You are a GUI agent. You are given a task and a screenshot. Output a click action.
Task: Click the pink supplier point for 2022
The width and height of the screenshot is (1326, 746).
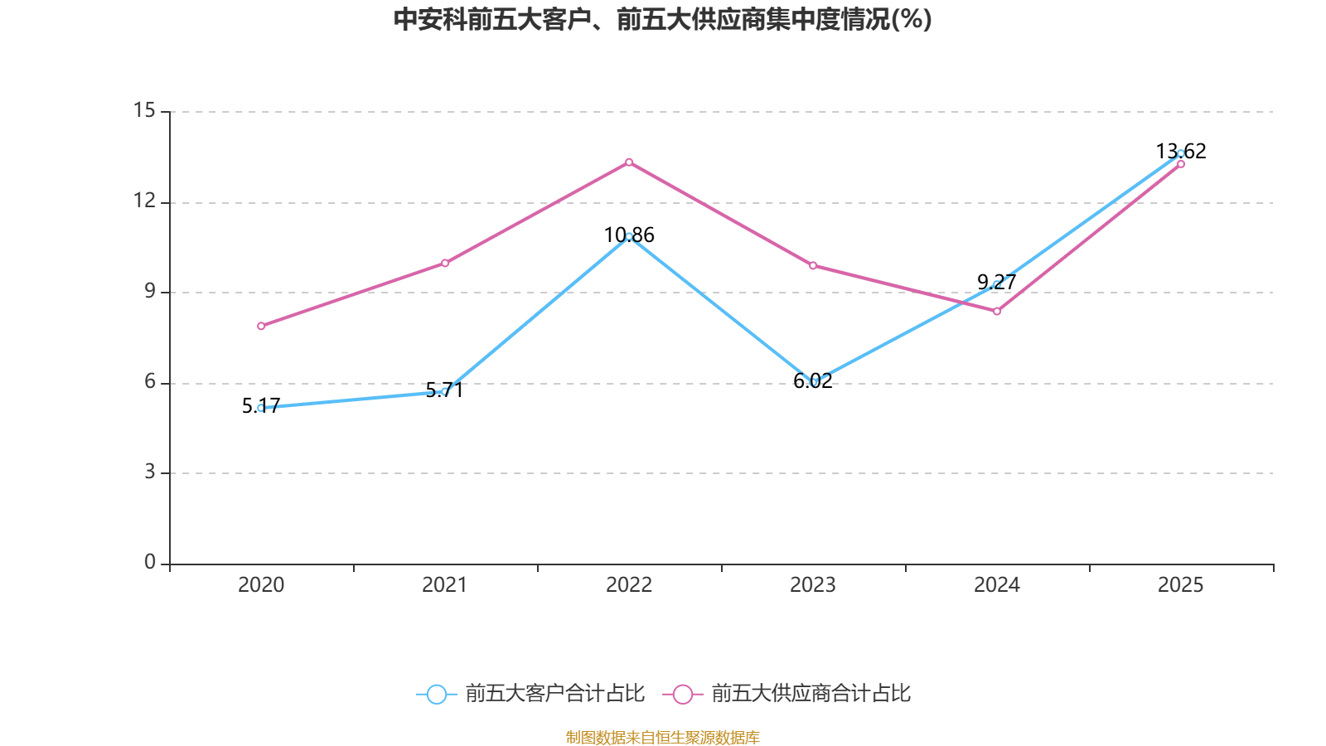(629, 162)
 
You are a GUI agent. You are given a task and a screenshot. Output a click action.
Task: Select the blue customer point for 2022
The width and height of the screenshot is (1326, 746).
(629, 236)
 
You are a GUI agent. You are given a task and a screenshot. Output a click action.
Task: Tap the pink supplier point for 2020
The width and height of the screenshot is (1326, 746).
(261, 326)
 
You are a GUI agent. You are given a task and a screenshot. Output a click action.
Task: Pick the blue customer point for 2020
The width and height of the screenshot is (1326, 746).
(261, 408)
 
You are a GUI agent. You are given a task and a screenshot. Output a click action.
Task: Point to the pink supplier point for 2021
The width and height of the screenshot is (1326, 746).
(445, 263)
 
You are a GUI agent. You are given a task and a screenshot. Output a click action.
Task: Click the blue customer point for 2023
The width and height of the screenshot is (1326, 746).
(814, 382)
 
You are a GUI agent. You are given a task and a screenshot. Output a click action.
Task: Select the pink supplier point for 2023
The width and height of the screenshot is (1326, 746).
(813, 265)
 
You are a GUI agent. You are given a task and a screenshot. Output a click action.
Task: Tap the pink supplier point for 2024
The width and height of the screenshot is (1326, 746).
(997, 312)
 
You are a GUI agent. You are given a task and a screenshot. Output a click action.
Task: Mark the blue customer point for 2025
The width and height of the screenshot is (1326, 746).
(1181, 153)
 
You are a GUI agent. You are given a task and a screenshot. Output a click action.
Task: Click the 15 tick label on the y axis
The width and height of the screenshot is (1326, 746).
(144, 110)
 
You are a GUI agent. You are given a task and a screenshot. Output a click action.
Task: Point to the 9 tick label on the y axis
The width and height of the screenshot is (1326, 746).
(150, 291)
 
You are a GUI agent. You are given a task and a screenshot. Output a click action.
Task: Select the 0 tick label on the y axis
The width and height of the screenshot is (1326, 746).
(150, 562)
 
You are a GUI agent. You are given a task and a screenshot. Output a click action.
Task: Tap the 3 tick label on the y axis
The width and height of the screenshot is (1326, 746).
(150, 472)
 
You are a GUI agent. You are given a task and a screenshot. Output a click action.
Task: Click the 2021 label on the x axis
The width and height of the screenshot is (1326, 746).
(445, 585)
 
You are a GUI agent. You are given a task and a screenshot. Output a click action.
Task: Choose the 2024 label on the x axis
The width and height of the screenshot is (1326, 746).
(997, 585)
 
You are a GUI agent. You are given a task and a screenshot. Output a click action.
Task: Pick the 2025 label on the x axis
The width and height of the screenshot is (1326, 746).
(1181, 585)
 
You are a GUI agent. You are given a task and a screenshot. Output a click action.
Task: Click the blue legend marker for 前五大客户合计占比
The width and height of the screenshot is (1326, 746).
(436, 694)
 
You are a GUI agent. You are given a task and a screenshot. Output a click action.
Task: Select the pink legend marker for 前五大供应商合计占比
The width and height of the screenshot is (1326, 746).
(682, 694)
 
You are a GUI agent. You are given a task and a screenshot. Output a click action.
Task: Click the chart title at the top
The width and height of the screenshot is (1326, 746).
(663, 19)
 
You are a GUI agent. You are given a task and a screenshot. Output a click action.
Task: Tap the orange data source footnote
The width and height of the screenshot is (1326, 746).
(663, 737)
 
